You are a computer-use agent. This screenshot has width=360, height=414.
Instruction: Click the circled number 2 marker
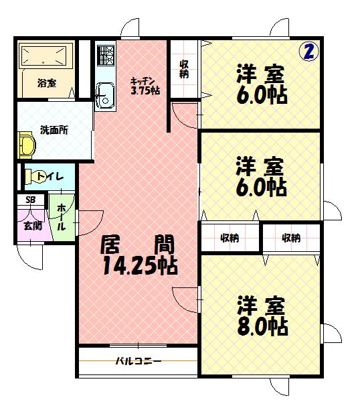[x=308, y=52]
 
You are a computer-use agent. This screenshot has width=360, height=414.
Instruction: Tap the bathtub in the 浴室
[x=45, y=56]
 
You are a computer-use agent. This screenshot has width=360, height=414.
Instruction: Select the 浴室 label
[x=47, y=84]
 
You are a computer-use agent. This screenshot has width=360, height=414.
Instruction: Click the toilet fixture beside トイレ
[x=29, y=177]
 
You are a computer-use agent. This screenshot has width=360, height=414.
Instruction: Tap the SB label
[x=30, y=200]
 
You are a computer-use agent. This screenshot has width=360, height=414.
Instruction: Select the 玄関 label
[x=31, y=225]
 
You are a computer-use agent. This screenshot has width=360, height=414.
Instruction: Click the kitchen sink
[x=105, y=94]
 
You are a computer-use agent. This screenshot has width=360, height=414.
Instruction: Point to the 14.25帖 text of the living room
[x=140, y=267]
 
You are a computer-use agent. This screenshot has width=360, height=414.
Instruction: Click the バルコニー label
[x=138, y=362]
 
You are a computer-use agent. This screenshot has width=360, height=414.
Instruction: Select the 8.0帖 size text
[x=262, y=327]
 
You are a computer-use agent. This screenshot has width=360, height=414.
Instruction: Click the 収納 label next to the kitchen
[x=184, y=70]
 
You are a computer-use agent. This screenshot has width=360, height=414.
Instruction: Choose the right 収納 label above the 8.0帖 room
[x=290, y=238]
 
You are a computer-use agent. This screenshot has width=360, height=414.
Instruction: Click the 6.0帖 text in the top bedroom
[x=262, y=94]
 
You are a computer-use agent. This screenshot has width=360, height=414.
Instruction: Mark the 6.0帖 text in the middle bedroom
[x=262, y=186]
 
